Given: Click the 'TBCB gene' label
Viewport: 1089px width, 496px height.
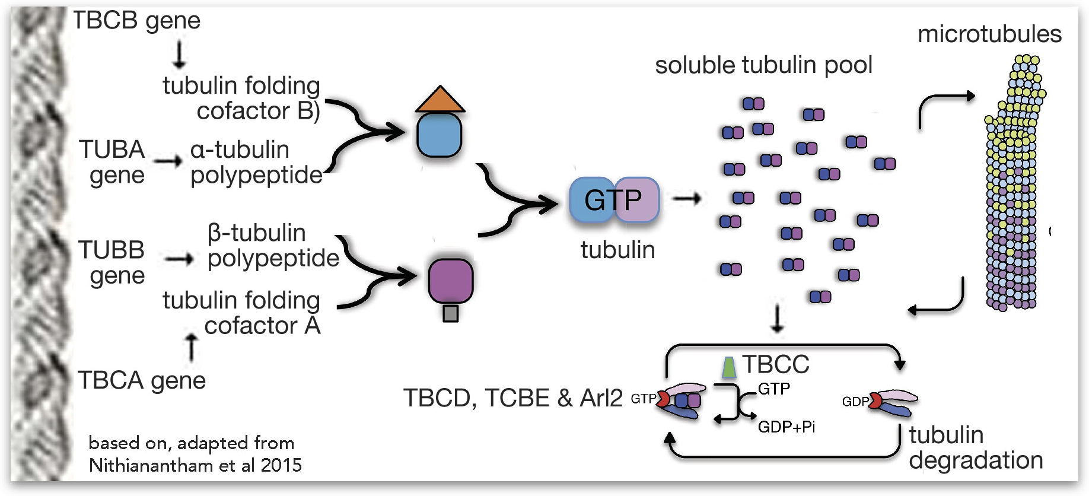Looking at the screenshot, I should click(x=136, y=21).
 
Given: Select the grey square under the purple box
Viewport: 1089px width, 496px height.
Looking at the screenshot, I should click(x=451, y=313).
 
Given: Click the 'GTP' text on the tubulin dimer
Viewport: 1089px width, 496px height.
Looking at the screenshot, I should click(x=613, y=200).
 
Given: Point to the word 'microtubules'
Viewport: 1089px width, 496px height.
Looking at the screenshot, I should click(x=989, y=34).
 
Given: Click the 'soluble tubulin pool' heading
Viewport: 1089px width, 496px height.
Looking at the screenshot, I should click(x=763, y=65).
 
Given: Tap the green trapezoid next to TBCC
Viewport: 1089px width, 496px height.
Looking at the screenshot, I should click(x=729, y=367).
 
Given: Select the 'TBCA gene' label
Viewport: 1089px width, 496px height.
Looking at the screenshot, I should click(x=142, y=380).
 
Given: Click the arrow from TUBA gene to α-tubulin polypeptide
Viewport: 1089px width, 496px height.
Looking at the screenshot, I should click(x=168, y=161).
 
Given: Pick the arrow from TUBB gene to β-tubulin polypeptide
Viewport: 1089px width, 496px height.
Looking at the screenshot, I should click(x=179, y=259).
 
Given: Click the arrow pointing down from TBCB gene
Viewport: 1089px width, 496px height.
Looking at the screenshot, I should click(x=179, y=55).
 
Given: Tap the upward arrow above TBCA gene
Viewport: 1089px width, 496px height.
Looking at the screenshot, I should click(x=192, y=347).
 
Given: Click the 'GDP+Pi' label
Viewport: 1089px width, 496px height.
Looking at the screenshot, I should click(x=786, y=427).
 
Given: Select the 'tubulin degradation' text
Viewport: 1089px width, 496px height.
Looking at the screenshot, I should click(x=976, y=448).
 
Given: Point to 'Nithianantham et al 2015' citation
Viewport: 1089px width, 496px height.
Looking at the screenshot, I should click(x=195, y=465).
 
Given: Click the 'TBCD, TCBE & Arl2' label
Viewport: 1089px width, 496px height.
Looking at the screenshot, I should click(x=513, y=398).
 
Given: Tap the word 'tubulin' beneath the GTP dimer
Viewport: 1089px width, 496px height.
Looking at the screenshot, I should click(x=617, y=250).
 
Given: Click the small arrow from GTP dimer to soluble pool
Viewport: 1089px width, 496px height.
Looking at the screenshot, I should click(x=687, y=199).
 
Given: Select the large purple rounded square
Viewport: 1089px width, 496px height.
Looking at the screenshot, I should click(x=451, y=281).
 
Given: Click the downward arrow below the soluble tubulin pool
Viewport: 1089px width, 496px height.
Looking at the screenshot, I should click(x=777, y=319).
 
